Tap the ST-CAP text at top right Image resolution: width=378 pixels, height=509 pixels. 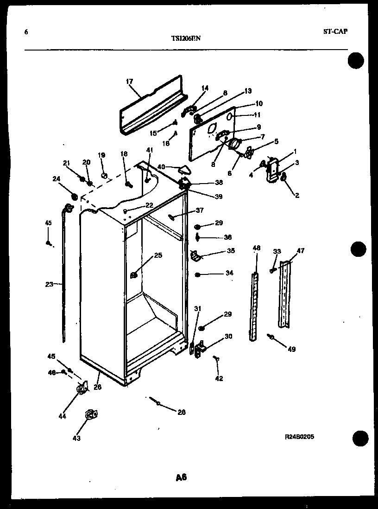pyautogui.click(x=334, y=32)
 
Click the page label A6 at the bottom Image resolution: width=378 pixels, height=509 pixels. pyautogui.click(x=181, y=477)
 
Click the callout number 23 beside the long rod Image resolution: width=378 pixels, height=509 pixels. pyautogui.click(x=50, y=285)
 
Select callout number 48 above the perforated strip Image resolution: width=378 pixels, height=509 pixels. pyautogui.click(x=257, y=248)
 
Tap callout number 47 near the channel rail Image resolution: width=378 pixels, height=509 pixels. pyautogui.click(x=301, y=251)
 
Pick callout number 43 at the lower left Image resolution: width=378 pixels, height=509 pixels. pyautogui.click(x=76, y=438)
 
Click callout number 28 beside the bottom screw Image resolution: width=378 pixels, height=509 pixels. pyautogui.click(x=181, y=412)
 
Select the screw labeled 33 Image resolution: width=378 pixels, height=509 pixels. pyautogui.click(x=273, y=268)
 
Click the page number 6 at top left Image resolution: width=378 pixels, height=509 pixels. pyautogui.click(x=25, y=32)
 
